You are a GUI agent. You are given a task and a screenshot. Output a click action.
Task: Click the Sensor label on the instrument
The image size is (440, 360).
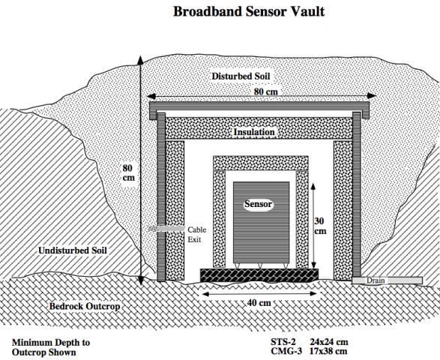pyautogui.click(x=259, y=203)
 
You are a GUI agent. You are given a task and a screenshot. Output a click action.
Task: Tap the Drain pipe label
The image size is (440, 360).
pyautogui.click(x=376, y=281)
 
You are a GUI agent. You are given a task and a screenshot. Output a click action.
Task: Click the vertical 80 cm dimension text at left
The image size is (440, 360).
pyautogui.click(x=128, y=173)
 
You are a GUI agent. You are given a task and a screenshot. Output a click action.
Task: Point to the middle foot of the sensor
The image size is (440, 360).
pyautogui.click(x=259, y=265)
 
